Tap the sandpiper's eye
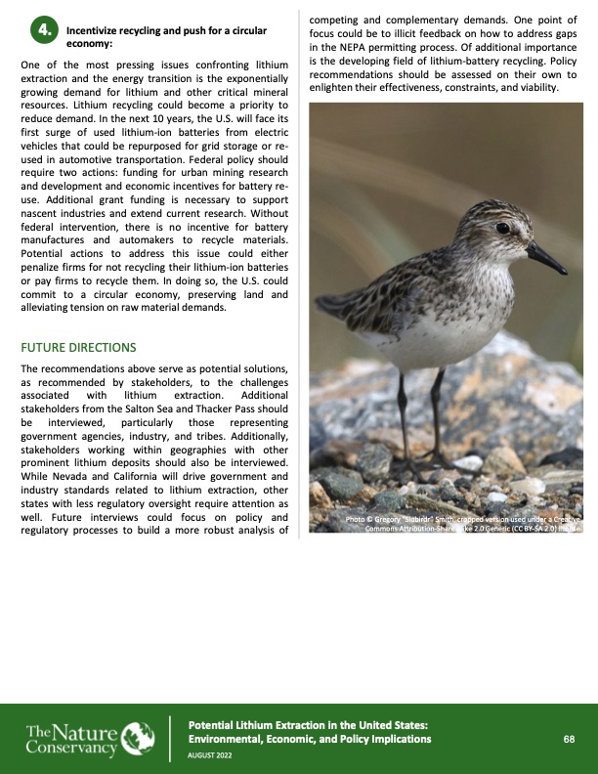[x=502, y=227]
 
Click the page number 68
[x=568, y=740]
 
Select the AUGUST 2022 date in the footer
[x=211, y=755]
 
